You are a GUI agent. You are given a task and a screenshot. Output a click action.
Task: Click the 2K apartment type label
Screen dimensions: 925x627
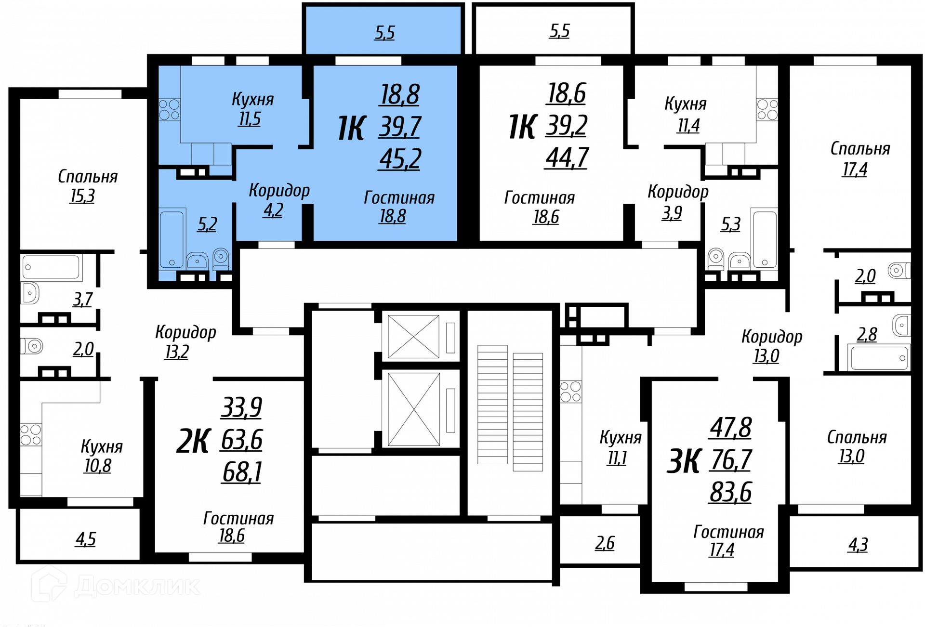tap(194, 441)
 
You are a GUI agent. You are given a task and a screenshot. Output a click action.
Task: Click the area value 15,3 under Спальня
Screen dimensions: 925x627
tap(82, 196)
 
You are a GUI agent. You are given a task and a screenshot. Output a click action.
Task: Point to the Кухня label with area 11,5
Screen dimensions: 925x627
tap(253, 99)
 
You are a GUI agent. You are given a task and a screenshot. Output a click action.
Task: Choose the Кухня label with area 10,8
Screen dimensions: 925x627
tap(102, 446)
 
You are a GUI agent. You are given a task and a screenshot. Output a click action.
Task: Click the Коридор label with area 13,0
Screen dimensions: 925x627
tap(772, 336)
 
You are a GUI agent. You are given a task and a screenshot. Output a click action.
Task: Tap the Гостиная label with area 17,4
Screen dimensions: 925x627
tap(728, 532)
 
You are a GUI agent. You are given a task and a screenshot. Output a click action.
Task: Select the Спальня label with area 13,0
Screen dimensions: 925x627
tap(857, 437)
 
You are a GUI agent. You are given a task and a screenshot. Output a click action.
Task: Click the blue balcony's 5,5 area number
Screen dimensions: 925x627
tap(384, 33)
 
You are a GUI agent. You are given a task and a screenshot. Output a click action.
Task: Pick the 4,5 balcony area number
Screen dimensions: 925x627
tap(86, 539)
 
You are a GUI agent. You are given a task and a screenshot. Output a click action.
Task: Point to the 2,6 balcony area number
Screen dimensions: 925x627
tap(605, 543)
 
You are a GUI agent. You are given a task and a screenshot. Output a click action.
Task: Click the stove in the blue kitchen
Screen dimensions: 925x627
tap(169, 110)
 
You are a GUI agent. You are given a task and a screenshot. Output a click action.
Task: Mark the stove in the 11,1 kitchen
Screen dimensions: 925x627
tap(570, 392)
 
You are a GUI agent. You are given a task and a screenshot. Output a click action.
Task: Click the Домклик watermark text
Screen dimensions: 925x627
tap(137, 586)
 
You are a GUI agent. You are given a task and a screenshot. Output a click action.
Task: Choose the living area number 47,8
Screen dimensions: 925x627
tap(731, 428)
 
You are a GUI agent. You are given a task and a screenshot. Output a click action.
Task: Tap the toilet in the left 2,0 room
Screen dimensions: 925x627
tap(32, 346)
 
